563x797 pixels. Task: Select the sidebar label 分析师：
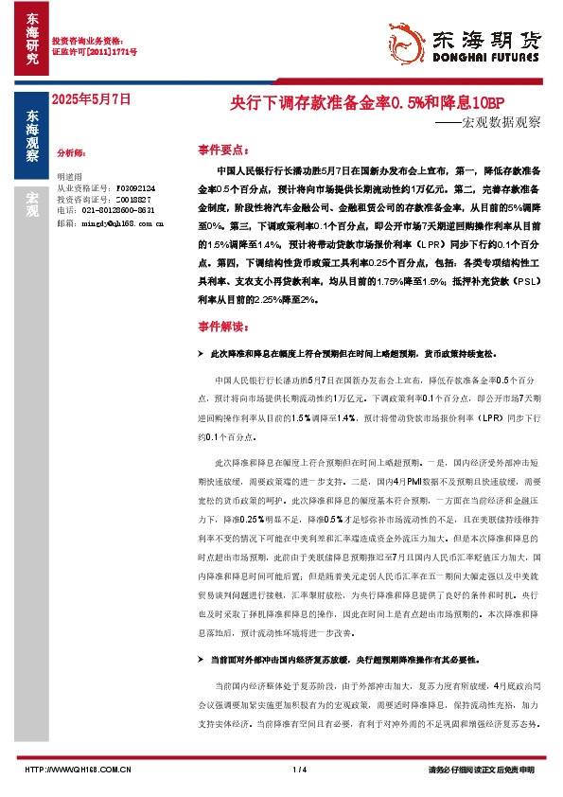73,151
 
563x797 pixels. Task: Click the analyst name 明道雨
71,176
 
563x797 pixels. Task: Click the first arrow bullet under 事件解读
200,353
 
